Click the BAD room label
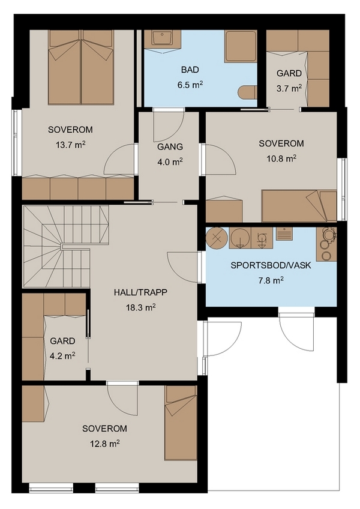[x=190, y=70]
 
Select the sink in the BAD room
[x=163, y=39]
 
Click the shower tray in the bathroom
[x=241, y=46]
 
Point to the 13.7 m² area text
[x=70, y=145]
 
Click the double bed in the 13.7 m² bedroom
[x=81, y=67]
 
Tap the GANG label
[x=170, y=146]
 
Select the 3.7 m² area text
[x=289, y=88]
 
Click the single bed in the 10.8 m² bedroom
[x=299, y=206]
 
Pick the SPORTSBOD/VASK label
[x=271, y=265]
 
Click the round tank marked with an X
[x=217, y=238]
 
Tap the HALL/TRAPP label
[x=140, y=292]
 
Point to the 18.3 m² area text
[x=140, y=307]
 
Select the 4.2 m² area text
[x=62, y=356]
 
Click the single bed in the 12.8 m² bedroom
[x=181, y=423]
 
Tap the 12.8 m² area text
[x=105, y=444]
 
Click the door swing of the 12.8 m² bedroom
[x=123, y=400]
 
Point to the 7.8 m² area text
[x=271, y=280]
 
